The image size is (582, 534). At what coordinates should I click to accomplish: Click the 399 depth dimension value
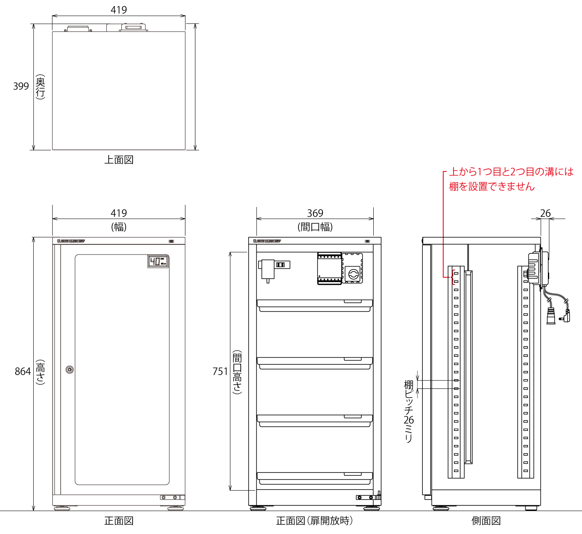(x=21, y=87)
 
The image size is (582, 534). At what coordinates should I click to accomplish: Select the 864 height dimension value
(x=23, y=371)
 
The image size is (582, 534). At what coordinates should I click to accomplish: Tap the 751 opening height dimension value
(x=220, y=371)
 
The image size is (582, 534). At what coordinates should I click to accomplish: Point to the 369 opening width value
(x=315, y=213)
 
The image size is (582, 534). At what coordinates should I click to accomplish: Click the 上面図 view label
(x=119, y=160)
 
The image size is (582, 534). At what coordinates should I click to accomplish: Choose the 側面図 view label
(x=486, y=521)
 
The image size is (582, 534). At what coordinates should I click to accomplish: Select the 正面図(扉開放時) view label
(x=314, y=521)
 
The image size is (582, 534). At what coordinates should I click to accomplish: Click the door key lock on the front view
(x=70, y=370)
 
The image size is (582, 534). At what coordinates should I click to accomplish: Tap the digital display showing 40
(x=158, y=261)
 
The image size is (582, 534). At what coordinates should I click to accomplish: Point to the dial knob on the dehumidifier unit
(x=353, y=274)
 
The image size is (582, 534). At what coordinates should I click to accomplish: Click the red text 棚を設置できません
(x=492, y=187)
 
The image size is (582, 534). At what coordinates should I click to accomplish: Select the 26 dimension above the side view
(x=545, y=213)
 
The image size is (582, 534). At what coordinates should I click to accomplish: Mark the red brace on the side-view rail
(x=452, y=277)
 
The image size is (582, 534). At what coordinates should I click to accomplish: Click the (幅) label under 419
(x=119, y=227)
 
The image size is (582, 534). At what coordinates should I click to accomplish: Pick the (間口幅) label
(x=315, y=227)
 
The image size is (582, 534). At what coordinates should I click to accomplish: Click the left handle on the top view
(x=78, y=29)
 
